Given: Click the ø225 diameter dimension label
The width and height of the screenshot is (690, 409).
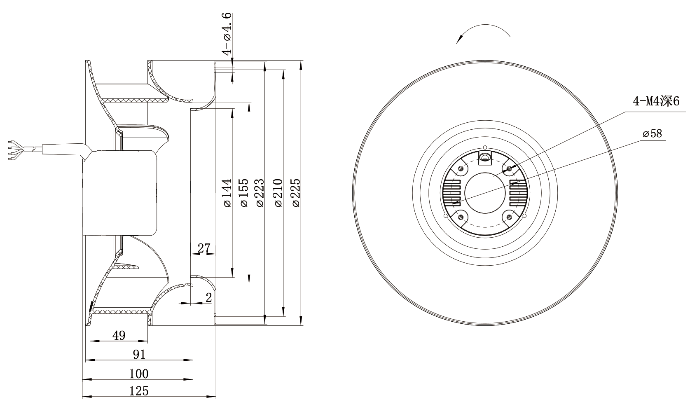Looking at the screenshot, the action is [x=295, y=192].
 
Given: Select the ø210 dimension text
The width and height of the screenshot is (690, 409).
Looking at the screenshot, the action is [x=278, y=192].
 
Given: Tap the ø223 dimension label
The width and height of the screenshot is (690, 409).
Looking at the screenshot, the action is [x=260, y=192].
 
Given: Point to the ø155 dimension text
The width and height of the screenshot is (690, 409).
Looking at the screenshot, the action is [x=243, y=192].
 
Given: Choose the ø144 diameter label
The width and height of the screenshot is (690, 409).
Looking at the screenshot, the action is [x=227, y=192].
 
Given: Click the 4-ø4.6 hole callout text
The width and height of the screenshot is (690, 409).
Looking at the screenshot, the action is [x=227, y=34].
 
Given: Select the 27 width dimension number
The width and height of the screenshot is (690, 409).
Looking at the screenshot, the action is [x=203, y=248].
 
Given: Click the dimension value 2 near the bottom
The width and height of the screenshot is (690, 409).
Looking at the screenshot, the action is [x=208, y=297].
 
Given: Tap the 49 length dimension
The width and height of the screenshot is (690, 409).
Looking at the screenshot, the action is [x=119, y=335].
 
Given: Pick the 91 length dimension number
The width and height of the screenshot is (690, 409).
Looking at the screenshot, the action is [x=139, y=355].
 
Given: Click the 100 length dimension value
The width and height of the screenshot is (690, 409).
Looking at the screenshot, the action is [x=138, y=374].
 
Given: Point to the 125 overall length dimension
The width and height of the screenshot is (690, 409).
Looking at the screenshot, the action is [x=138, y=391].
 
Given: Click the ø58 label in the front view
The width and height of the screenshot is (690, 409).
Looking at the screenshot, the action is [x=653, y=133].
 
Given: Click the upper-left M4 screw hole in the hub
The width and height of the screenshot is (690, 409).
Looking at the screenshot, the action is [x=461, y=169].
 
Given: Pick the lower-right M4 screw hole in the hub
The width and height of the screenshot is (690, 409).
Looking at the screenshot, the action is [x=509, y=217].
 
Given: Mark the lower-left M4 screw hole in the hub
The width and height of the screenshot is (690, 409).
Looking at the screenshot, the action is [x=461, y=217].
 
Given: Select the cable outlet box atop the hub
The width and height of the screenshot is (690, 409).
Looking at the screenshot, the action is [x=485, y=158].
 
